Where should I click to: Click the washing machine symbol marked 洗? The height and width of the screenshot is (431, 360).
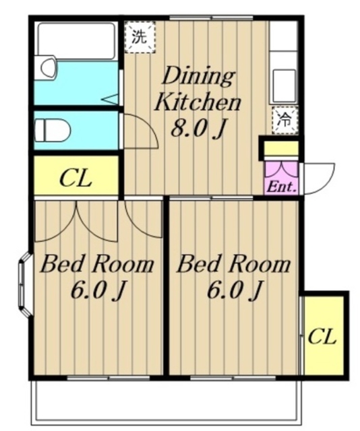[140, 37]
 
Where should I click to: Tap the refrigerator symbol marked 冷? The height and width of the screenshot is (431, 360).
[284, 121]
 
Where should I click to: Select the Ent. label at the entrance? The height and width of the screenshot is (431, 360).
[281, 187]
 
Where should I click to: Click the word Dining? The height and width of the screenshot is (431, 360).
[198, 76]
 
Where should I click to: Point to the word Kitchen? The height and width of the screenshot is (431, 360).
[198, 102]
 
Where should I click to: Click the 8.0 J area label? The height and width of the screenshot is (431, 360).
[198, 128]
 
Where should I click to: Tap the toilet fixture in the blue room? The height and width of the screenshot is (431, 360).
[52, 130]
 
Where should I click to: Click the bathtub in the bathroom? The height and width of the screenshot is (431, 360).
[76, 40]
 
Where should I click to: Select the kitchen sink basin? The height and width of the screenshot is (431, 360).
[284, 86]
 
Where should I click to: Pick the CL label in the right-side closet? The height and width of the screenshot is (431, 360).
[322, 337]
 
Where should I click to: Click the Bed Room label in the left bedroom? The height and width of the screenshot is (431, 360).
[97, 265]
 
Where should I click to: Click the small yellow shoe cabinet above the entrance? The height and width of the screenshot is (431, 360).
[281, 148]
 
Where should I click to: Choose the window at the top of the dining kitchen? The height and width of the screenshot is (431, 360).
[211, 18]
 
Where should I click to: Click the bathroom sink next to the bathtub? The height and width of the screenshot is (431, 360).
[49, 67]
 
